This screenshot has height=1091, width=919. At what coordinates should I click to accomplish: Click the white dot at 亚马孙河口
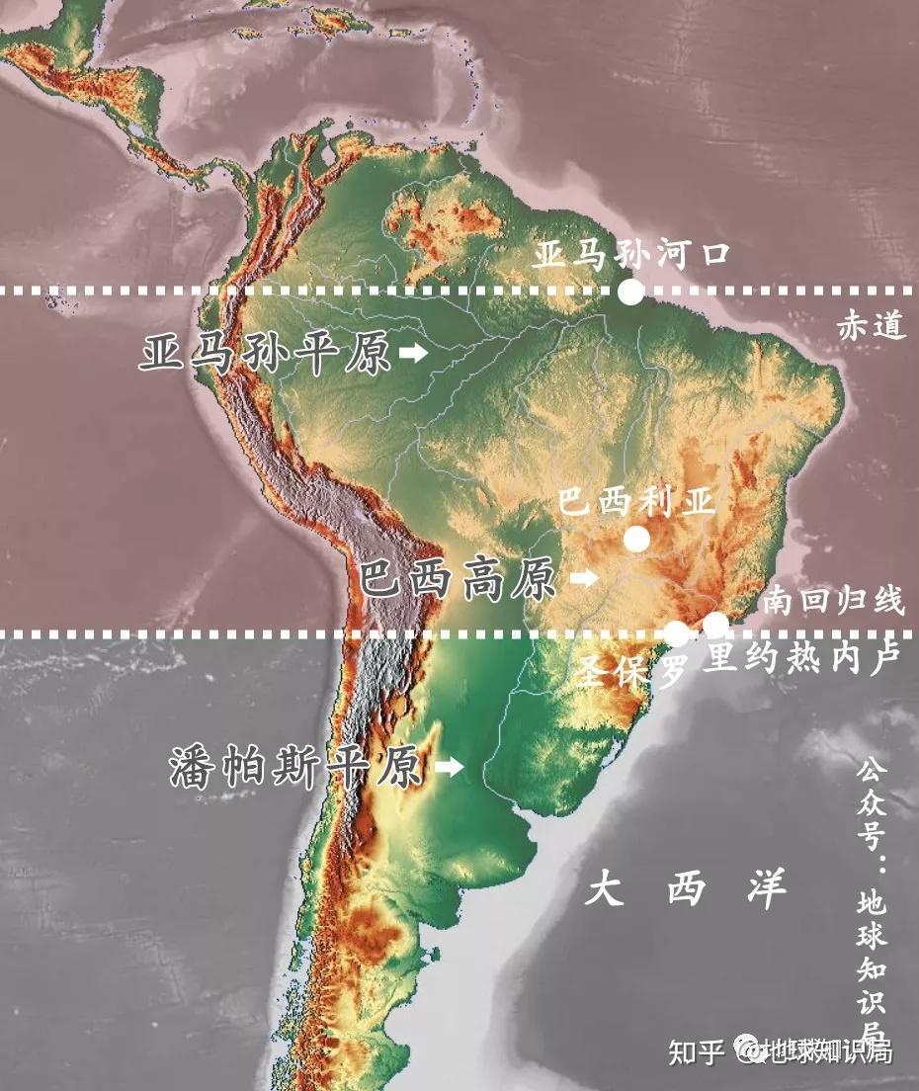[x=630, y=292]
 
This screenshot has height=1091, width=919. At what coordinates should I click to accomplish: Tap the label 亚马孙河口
[x=631, y=254]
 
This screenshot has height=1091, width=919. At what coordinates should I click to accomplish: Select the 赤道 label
[x=872, y=325]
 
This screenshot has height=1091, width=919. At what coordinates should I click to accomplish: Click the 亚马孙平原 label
[x=265, y=354]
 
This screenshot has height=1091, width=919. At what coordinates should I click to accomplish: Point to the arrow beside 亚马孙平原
[x=413, y=353]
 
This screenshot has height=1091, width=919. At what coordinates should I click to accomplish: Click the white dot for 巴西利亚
[x=636, y=539]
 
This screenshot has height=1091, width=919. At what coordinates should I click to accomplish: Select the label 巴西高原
[x=458, y=579]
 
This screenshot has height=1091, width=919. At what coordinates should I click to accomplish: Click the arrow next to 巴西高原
[x=585, y=578]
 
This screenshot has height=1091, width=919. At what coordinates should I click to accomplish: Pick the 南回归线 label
[x=833, y=600]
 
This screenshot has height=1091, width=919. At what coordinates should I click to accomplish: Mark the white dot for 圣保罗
[x=677, y=633]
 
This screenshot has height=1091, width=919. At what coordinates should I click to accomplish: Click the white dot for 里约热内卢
[x=714, y=624]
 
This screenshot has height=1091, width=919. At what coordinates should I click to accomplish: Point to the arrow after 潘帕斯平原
[x=450, y=767]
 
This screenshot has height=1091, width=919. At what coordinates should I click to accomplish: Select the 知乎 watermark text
[x=697, y=1051]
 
